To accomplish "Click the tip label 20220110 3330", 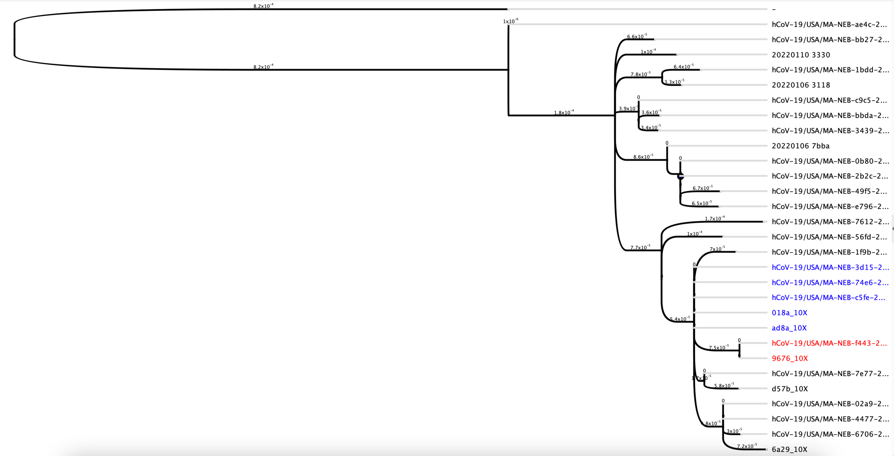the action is pos(801,55).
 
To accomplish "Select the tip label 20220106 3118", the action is pos(801,85).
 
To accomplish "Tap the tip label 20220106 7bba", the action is pos(800,146).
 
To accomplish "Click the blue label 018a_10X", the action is pos(789,313).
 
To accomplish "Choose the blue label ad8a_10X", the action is pos(789,328).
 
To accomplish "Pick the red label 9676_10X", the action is pos(790,358).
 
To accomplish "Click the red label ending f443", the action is pos(829,343).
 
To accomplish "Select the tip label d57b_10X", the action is pos(790,389).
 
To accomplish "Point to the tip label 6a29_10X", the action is pos(789,450).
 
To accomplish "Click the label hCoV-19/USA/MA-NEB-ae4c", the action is pos(829,25).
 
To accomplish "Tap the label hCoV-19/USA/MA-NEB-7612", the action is pos(830,222).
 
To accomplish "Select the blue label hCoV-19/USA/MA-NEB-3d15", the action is pos(830,267).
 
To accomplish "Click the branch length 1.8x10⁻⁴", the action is pos(564,113).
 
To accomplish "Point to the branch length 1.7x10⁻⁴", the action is pos(714,218).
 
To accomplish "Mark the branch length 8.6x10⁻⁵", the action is pos(643,157).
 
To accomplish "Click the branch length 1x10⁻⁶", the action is pos(510,21).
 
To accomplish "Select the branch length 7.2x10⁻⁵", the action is pos(747,446).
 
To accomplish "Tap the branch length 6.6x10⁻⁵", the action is pos(637,36).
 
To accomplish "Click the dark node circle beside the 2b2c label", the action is pos(681,176).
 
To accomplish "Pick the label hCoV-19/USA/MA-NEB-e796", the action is pos(830,207).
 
